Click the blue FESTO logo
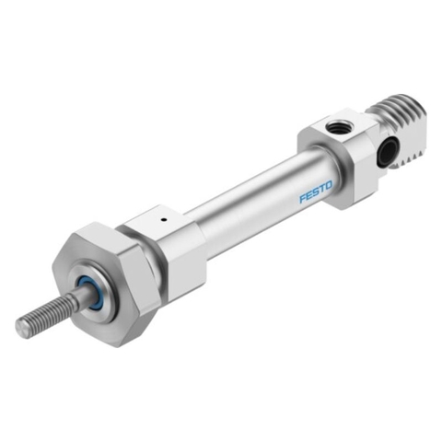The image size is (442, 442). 316,192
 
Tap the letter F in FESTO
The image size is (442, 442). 303,198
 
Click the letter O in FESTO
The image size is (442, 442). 328,186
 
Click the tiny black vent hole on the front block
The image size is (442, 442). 164,219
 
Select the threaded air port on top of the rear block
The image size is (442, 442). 336,126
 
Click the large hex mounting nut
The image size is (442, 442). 106,284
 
